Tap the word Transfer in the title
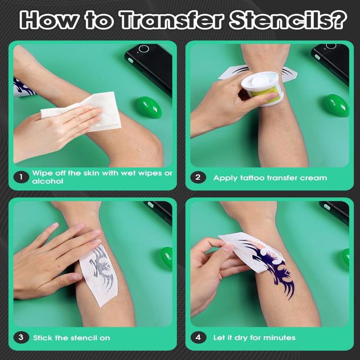click(x=172, y=20)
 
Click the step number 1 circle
click(x=21, y=177)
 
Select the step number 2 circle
click(x=198, y=177)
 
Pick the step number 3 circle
click(x=21, y=337)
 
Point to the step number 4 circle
click(x=198, y=337)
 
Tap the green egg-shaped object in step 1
click(x=148, y=108)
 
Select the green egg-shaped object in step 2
click(x=337, y=105)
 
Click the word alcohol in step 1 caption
click(x=48, y=181)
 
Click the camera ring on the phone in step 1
click(x=144, y=49)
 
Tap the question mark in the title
click(x=339, y=20)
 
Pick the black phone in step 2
click(x=331, y=63)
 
